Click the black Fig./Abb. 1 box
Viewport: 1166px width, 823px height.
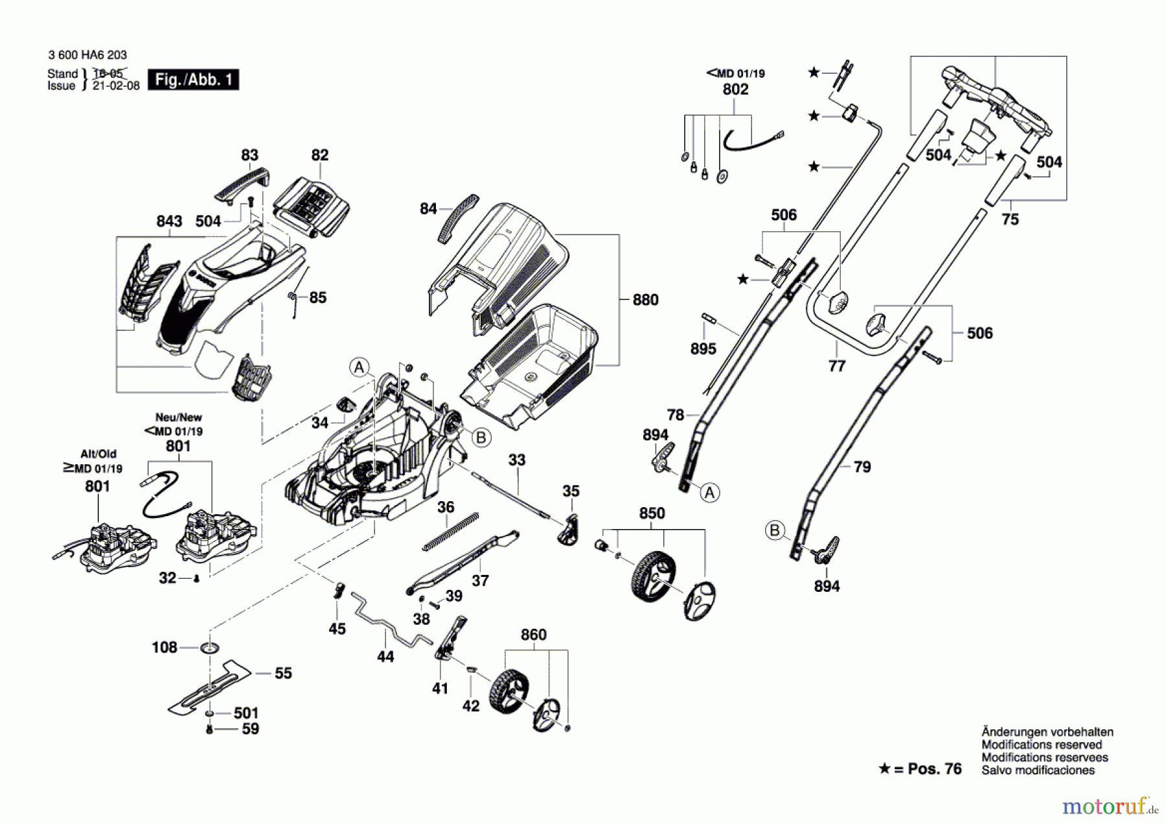coord(193,80)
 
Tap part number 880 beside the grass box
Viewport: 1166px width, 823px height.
coord(645,300)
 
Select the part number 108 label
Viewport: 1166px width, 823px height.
coord(164,648)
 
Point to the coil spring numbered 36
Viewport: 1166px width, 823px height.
coord(451,532)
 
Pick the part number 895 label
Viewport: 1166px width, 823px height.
coord(703,349)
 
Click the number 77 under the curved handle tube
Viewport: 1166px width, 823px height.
coord(837,366)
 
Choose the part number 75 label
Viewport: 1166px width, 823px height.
coord(1010,220)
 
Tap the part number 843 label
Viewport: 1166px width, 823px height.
coord(169,221)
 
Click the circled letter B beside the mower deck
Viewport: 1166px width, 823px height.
coord(481,438)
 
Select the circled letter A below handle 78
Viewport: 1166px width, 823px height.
coord(710,493)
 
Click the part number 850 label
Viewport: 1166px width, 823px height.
coord(652,513)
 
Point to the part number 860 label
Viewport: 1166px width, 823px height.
coord(533,635)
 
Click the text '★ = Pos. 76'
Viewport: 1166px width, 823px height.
coord(920,769)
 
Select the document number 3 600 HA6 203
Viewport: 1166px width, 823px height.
coord(87,55)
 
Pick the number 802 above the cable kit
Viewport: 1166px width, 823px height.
coord(735,89)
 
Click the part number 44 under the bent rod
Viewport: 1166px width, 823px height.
coord(385,657)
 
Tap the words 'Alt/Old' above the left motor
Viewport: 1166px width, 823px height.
coord(98,454)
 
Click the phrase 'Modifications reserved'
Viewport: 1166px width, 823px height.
coord(1042,745)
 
